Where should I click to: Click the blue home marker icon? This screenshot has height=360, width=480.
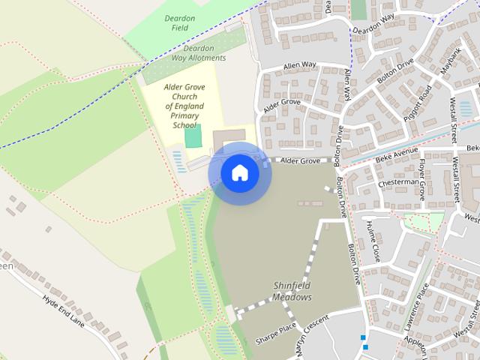click(239, 173)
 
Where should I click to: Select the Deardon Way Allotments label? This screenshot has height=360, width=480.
click(193, 52)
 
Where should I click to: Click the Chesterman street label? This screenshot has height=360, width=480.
click(399, 181)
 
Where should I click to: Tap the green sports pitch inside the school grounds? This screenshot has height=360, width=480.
click(193, 137)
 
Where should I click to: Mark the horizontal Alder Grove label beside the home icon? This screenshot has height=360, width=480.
click(300, 160)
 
